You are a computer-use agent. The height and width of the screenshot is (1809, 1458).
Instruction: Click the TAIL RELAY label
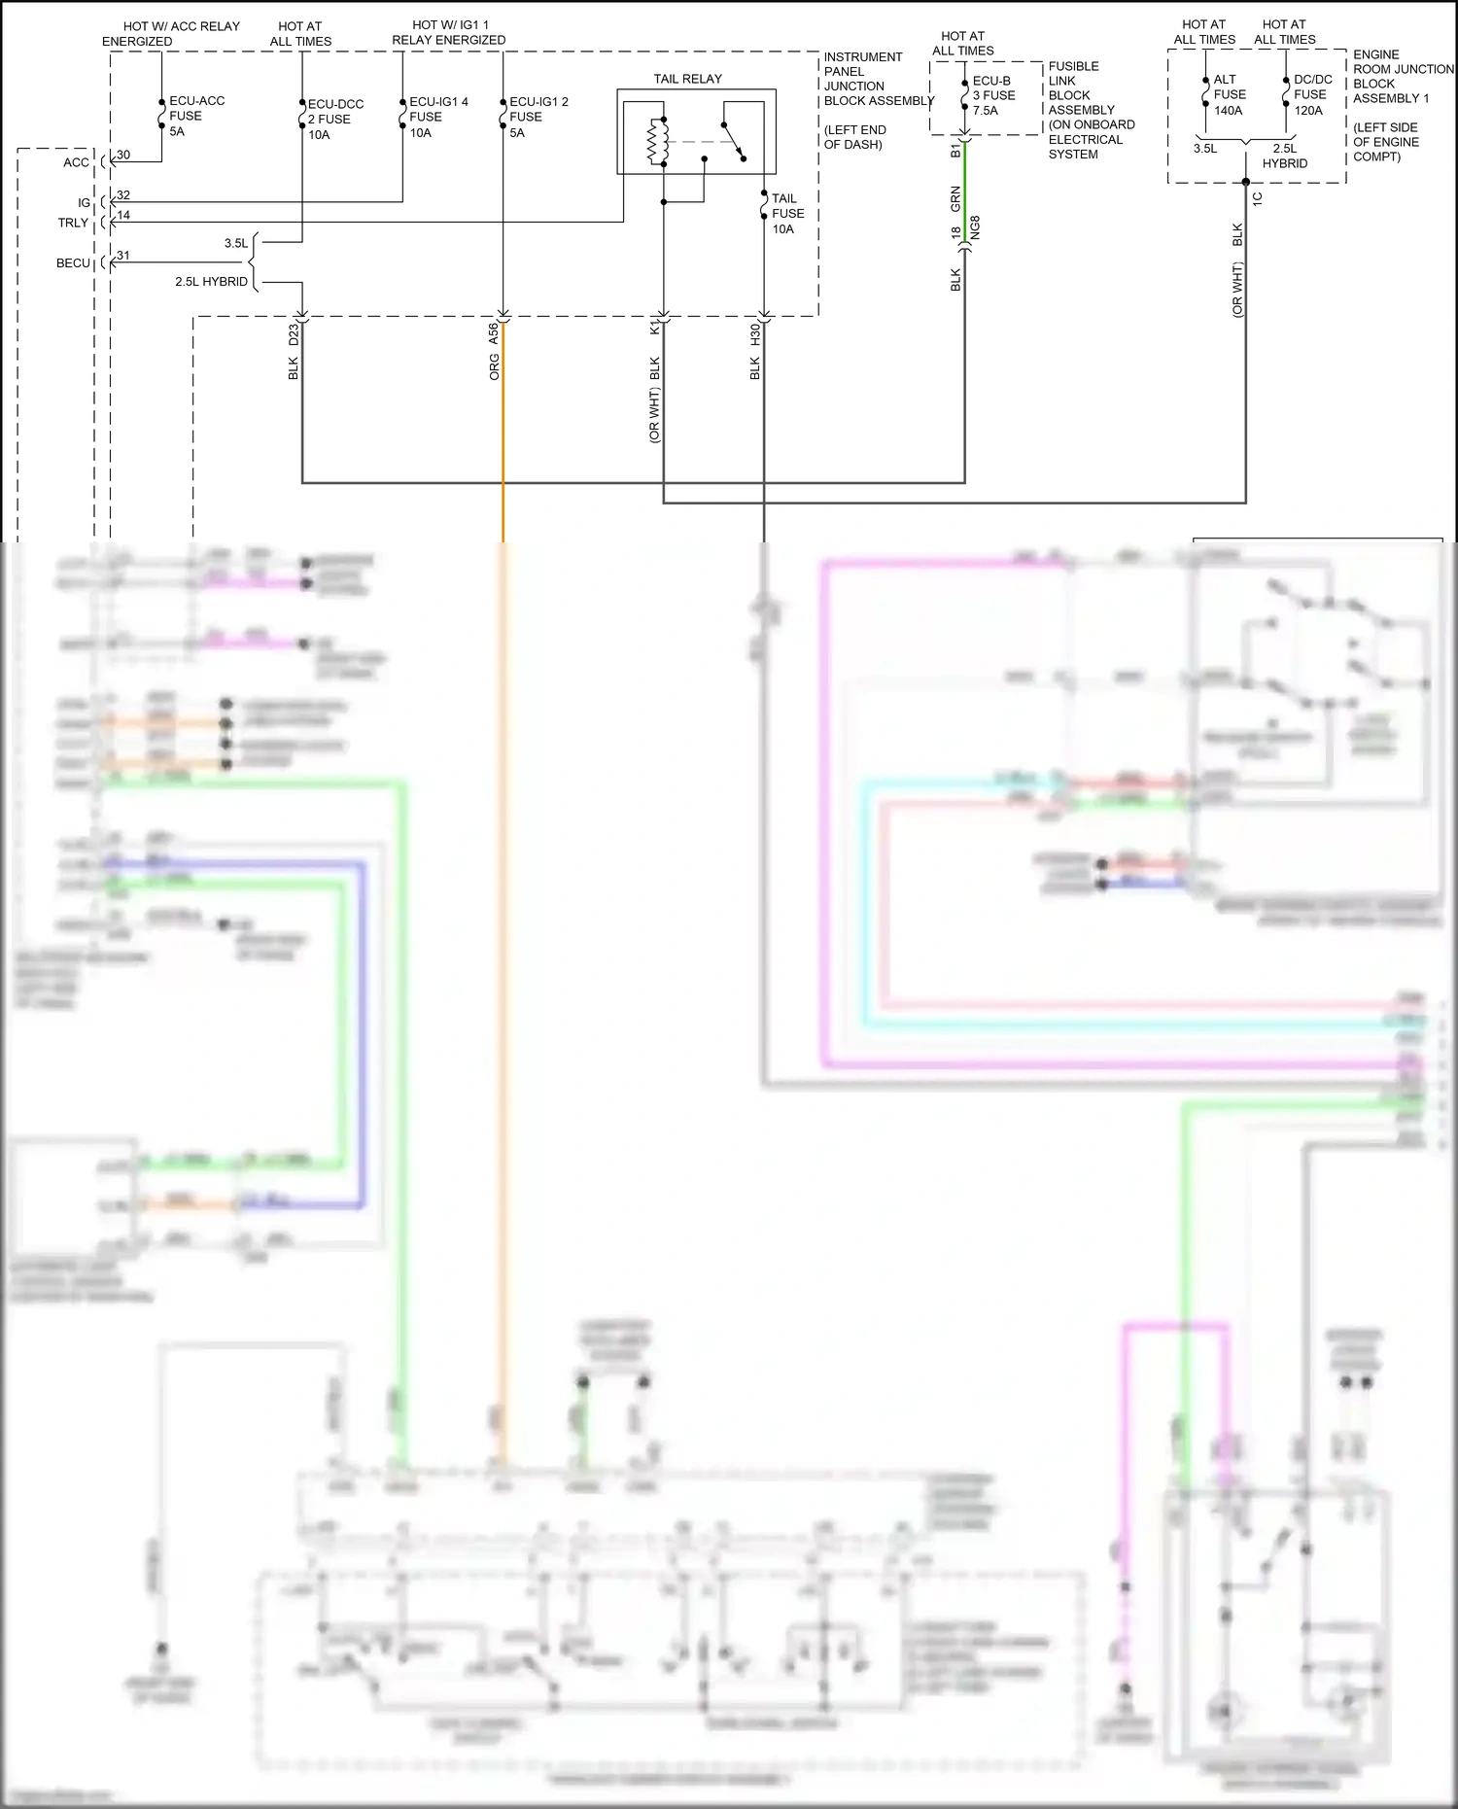[x=687, y=79]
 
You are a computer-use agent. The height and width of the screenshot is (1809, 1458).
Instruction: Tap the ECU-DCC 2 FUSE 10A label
[x=334, y=119]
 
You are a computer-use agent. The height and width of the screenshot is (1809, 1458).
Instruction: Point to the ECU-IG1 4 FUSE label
[x=437, y=117]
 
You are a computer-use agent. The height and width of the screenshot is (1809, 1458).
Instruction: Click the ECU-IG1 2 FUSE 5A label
[x=538, y=117]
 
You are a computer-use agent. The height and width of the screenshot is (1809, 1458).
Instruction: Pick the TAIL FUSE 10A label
[x=787, y=214]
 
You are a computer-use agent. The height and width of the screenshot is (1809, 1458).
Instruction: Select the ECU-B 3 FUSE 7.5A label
[x=993, y=95]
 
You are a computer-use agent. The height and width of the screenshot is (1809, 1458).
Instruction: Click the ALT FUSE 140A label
[x=1229, y=94]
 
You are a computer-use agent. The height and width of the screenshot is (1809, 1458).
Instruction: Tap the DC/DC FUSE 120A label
[x=1311, y=94]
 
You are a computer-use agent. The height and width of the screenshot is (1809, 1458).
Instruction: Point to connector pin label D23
[x=294, y=334]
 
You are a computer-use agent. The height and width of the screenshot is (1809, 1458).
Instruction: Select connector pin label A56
[x=494, y=333]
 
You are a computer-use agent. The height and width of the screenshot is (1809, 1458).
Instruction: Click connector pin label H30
[x=755, y=334]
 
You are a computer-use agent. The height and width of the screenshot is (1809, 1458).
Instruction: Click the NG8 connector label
[x=975, y=227]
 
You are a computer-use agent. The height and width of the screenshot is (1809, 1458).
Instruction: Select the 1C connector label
[x=1257, y=198]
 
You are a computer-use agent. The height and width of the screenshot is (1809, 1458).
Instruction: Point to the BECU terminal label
[x=73, y=263]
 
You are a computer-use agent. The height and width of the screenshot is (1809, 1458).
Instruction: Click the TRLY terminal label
[x=73, y=223]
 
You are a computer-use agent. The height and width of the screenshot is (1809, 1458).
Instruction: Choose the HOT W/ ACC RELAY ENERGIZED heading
[x=170, y=34]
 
